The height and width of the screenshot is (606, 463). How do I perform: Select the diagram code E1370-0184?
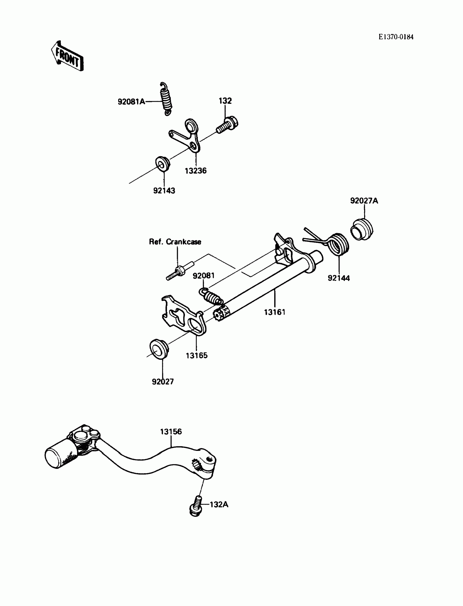pos(396,37)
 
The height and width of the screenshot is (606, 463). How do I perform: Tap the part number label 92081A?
pos(131,102)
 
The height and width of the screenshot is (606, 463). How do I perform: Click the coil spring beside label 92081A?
pos(166,99)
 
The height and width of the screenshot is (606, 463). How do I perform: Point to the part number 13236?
pos(195,171)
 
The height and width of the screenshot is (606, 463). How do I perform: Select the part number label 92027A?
pos(364,201)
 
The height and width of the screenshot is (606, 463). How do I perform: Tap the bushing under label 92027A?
pos(361,229)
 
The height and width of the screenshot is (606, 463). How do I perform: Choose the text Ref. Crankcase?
pos(175,242)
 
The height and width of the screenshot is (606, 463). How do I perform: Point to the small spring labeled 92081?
pos(211,296)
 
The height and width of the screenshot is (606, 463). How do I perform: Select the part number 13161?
pos(275,312)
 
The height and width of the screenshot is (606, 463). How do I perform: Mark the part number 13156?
pos(171,432)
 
